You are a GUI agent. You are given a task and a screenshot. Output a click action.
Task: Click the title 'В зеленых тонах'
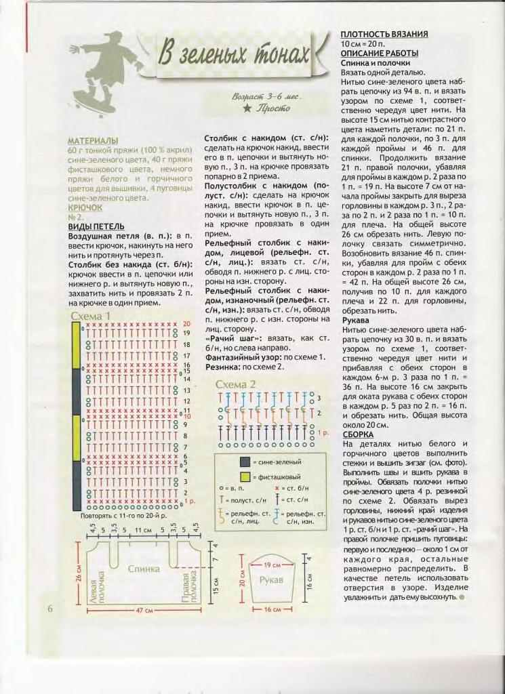[235, 56]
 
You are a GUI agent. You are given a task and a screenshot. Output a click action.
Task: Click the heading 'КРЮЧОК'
[85, 207]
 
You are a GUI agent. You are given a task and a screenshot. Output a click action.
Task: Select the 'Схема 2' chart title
[236, 384]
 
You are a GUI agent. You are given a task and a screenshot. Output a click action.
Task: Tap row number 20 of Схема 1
[186, 324]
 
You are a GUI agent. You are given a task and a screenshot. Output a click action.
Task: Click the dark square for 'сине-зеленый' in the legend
[244, 462]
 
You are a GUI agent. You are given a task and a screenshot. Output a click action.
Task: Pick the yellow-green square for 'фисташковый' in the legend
[244, 476]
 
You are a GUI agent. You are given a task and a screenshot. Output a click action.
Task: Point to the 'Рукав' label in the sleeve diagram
[271, 581]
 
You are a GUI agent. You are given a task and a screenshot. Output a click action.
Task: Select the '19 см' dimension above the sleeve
[271, 564]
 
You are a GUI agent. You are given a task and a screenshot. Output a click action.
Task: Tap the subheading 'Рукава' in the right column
[355, 319]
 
